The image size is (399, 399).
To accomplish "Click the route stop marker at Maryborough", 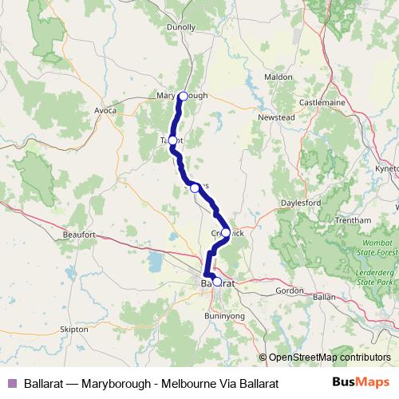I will [183, 97].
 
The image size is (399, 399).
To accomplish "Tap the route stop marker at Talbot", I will [172, 140].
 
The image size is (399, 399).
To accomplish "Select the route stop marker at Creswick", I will [226, 233].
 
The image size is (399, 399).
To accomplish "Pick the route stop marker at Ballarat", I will [216, 282].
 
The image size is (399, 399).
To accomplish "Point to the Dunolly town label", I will [182, 26].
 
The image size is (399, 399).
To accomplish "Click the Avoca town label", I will [105, 109].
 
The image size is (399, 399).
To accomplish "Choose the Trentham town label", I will [354, 219].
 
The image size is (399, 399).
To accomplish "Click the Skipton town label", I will [74, 328].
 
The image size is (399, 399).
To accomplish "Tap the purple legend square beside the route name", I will [11, 383].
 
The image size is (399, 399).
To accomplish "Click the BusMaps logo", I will [364, 382].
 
